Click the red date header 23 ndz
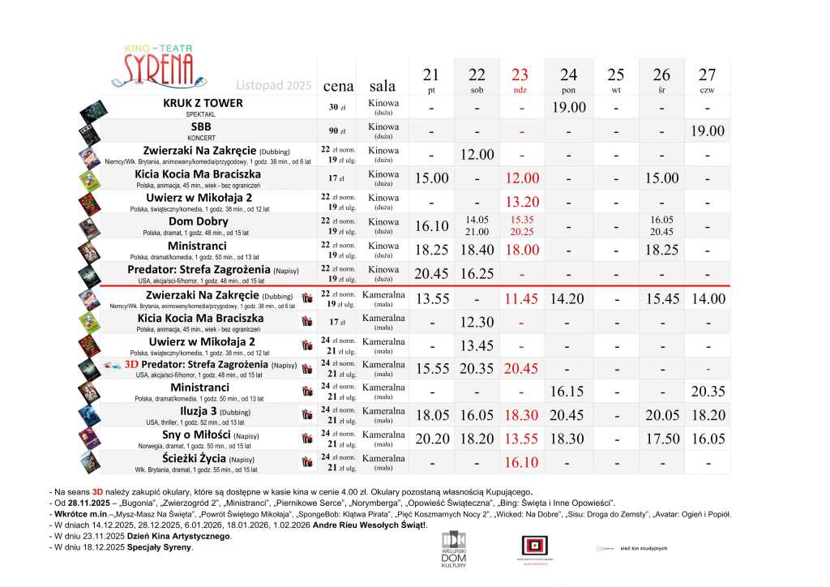click(520, 80)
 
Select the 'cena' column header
click(339, 86)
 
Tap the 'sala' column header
click(383, 86)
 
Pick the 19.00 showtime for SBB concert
click(707, 131)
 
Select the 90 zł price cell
click(337, 131)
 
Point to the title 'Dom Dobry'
click(199, 221)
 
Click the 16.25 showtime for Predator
click(477, 274)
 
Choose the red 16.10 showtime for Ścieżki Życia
click(520, 462)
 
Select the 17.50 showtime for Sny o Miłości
click(662, 439)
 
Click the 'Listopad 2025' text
click(274, 85)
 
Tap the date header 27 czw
click(707, 80)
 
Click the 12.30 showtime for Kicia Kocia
click(477, 322)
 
